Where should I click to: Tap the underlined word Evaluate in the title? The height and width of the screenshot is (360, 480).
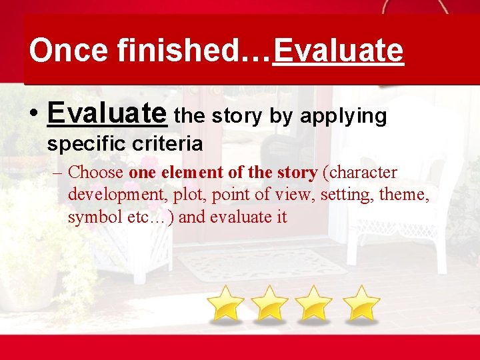(338, 51)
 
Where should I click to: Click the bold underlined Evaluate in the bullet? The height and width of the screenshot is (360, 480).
(107, 113)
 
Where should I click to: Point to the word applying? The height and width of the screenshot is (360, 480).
(343, 117)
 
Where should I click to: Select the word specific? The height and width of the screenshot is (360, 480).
(85, 143)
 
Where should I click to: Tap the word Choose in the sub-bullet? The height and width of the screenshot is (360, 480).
(96, 173)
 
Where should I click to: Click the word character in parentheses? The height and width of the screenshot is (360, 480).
(360, 173)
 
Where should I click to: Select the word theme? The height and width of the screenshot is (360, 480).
(405, 195)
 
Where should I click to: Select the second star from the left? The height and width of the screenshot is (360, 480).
(270, 303)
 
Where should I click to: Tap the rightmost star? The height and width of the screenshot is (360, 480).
(361, 303)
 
